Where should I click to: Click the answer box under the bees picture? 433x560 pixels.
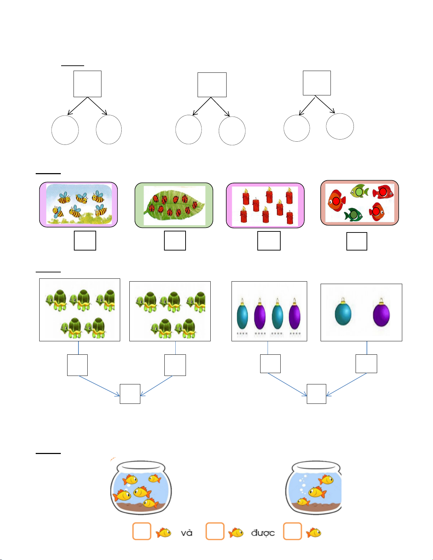pyautogui.click(x=85, y=241)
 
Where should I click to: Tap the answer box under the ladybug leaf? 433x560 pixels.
pyautogui.click(x=175, y=241)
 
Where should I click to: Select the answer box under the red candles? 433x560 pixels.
pyautogui.click(x=269, y=241)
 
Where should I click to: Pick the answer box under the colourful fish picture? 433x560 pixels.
pyautogui.click(x=357, y=241)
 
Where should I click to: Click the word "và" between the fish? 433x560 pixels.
pyautogui.click(x=187, y=533)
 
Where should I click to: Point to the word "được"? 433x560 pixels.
pyautogui.click(x=263, y=533)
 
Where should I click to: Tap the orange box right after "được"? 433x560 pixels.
pyautogui.click(x=292, y=531)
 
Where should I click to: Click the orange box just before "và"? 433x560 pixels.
pyautogui.click(x=142, y=531)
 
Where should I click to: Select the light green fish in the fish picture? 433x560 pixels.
pyautogui.click(x=359, y=191)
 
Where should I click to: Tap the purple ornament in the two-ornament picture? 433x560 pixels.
pyautogui.click(x=381, y=313)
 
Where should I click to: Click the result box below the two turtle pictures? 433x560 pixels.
pyautogui.click(x=130, y=394)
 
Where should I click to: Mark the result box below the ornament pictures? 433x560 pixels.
pyautogui.click(x=316, y=394)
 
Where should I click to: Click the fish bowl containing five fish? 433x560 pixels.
pyautogui.click(x=141, y=487)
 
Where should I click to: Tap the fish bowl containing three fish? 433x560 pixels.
pyautogui.click(x=314, y=487)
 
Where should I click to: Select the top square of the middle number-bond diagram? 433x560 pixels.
pyautogui.click(x=212, y=85)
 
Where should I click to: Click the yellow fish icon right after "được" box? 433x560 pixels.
pyautogui.click(x=314, y=532)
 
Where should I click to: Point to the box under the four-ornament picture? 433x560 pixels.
pyautogui.click(x=270, y=364)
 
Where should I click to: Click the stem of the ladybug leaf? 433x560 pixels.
pyautogui.click(x=147, y=212)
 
